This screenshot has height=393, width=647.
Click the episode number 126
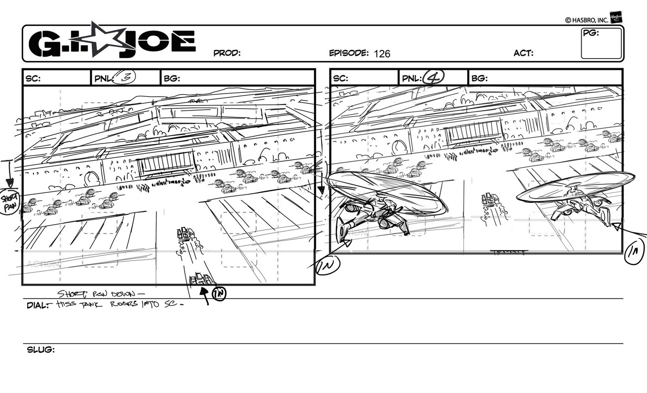click(x=382, y=54)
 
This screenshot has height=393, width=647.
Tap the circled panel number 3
click(x=123, y=77)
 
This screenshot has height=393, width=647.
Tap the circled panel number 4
click(x=432, y=77)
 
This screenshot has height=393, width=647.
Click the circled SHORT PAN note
click(x=9, y=201)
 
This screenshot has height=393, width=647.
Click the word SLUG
click(x=40, y=350)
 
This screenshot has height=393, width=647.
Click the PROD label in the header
click(x=226, y=53)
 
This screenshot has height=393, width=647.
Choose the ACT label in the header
click(x=523, y=53)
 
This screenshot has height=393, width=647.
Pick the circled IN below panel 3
click(x=219, y=293)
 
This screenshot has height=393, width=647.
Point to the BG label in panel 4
click(x=479, y=78)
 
